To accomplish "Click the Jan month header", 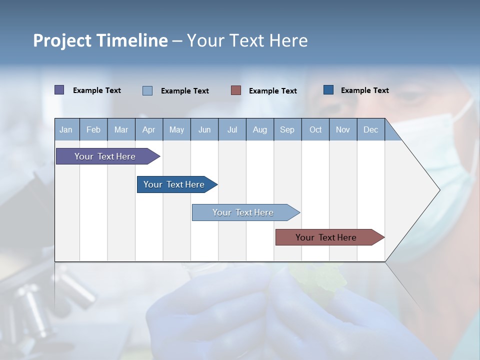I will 66,129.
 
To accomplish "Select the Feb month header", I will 93,129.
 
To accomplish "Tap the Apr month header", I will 148,129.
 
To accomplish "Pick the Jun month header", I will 204,129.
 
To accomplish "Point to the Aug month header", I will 259,129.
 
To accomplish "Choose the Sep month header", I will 287,129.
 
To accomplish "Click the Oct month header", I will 315,129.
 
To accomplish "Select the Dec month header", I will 370,129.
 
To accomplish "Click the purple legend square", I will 59,90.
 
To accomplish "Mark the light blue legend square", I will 147,90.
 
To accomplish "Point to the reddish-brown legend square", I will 236,90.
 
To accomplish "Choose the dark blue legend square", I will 328,90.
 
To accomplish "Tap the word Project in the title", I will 62,40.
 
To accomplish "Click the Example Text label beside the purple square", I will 97,90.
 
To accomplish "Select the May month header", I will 176,129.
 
